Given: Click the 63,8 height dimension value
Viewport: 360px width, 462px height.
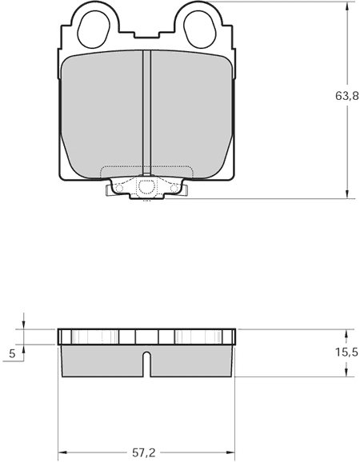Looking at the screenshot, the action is pos(347,96).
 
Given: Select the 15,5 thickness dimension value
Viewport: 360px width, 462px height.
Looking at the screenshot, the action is pos(346,352).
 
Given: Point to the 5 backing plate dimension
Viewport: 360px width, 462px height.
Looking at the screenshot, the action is pos(12,353).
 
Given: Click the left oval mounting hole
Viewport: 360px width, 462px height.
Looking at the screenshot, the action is pos(94,30).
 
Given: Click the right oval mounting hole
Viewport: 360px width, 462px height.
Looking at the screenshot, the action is pos(200,30).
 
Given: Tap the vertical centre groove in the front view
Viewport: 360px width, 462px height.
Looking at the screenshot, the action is pos(147,113).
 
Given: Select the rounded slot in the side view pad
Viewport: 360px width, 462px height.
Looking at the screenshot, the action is pos(147,364).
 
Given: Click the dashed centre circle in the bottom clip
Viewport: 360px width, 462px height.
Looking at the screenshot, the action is pos(146,187).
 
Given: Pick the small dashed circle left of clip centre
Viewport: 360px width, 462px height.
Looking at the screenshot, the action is pos(119,188).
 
